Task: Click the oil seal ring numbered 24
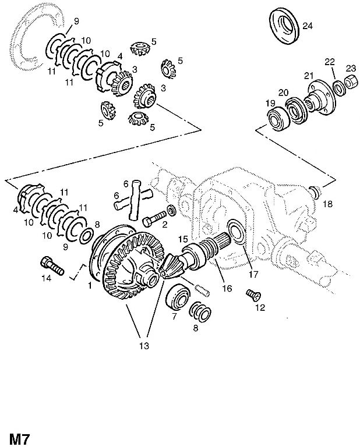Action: pos(285,27)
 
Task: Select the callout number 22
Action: pos(330,62)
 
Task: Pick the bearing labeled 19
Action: pos(278,119)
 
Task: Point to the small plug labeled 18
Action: pos(315,191)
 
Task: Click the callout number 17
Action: pos(253,274)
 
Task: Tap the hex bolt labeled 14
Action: pos(53,265)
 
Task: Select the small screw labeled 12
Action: pos(253,295)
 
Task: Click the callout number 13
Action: pos(144,346)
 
